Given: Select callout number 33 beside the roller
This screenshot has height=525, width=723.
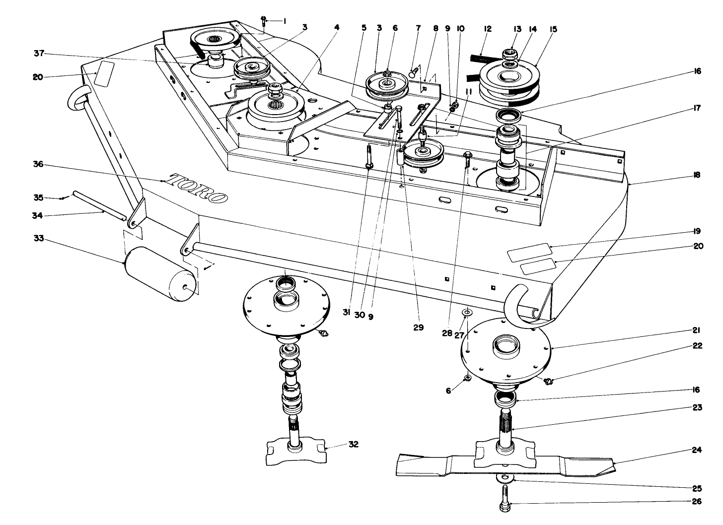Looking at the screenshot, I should click(39, 239).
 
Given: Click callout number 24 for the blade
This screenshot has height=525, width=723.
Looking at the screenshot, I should click(696, 451).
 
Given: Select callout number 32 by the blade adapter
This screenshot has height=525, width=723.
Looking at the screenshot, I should click(353, 444).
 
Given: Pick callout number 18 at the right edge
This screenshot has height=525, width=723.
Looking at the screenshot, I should click(697, 175).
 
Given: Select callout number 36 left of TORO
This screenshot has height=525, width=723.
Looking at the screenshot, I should click(39, 164).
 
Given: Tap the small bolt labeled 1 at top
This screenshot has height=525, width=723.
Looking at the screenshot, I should click(263, 20).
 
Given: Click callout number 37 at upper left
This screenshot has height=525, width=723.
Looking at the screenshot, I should click(39, 54).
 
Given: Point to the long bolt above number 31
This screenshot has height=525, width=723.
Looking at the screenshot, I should click(368, 156).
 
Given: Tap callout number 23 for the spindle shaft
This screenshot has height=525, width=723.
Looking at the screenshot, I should click(696, 407).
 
